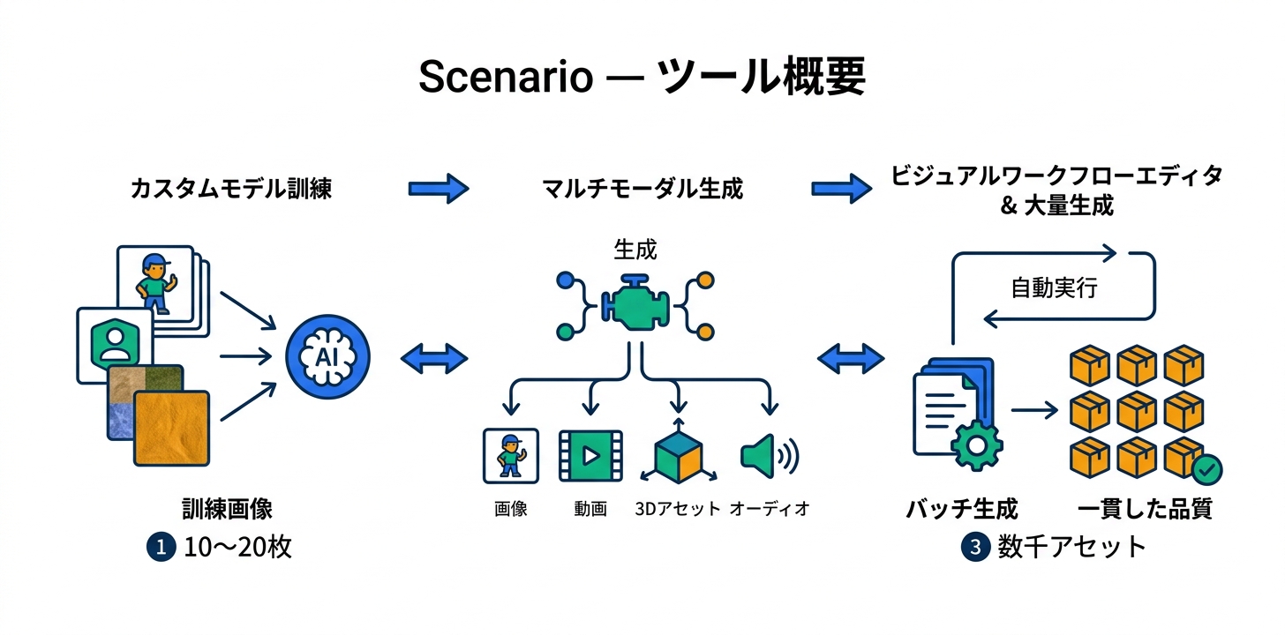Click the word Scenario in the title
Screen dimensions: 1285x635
tap(506, 77)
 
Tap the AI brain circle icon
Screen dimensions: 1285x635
tap(327, 356)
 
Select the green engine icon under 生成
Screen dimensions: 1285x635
tap(635, 303)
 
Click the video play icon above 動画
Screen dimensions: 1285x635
tap(590, 456)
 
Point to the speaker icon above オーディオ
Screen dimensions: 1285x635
tap(770, 456)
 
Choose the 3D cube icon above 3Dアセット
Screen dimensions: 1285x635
tap(679, 452)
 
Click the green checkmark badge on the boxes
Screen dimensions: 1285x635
tap(1206, 470)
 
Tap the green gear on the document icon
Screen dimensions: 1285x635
tap(976, 446)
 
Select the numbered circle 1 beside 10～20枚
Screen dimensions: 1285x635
tap(162, 547)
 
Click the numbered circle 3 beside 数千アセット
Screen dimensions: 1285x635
tap(975, 547)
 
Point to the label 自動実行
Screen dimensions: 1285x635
tap(1054, 288)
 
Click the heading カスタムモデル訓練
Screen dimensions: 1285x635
tap(231, 189)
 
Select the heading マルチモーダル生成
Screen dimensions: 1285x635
tap(642, 189)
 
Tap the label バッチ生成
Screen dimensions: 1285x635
tap(962, 509)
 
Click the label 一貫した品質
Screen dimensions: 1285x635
tap(1145, 509)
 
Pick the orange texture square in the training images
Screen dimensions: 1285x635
tap(171, 428)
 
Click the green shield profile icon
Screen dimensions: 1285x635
tap(115, 344)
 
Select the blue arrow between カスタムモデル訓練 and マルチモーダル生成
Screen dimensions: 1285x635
tap(439, 189)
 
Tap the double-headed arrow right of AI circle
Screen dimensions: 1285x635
tap(434, 359)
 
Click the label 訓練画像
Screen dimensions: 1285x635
tap(227, 509)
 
